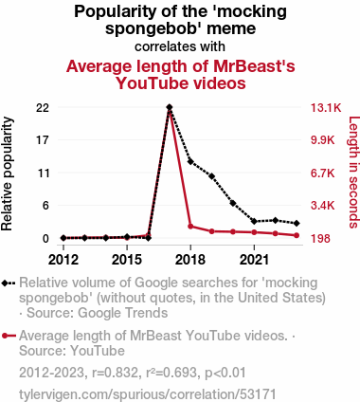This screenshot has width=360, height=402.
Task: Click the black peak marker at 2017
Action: pos(170,107)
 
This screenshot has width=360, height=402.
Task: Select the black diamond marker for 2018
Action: pos(190,161)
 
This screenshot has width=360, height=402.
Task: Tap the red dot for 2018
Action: pos(190,227)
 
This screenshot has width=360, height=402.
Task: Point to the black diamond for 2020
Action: pos(233,203)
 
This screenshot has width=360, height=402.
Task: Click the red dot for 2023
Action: pos(297,235)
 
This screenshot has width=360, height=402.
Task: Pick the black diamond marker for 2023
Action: pos(297,223)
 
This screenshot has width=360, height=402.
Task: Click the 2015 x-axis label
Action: pos(127,260)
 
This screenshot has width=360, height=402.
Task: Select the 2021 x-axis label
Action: pos(254,260)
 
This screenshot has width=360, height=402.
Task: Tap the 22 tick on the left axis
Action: pos(43,108)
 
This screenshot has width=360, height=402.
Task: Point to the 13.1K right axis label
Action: pos(326,108)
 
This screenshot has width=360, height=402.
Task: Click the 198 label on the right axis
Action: pos(321,239)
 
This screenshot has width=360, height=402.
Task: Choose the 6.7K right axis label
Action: pos(322,174)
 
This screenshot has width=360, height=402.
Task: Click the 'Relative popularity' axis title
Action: pos(7,174)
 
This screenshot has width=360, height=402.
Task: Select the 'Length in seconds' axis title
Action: pos(353,173)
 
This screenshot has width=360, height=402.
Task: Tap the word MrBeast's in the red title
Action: pos(254,66)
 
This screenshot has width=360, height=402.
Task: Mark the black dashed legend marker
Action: pos(9,283)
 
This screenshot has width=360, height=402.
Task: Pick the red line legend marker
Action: pos(9,336)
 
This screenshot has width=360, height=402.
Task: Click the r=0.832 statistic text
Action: pos(115,373)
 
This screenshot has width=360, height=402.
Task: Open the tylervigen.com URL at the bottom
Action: pos(148,394)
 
